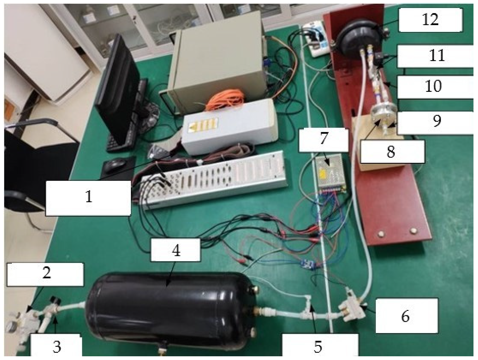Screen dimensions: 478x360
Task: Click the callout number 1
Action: tap(89, 197)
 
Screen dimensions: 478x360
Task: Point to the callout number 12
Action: tap(430, 20)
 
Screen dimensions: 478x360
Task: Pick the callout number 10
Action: tap(434, 86)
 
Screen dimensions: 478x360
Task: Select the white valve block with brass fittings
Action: tap(352, 307)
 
